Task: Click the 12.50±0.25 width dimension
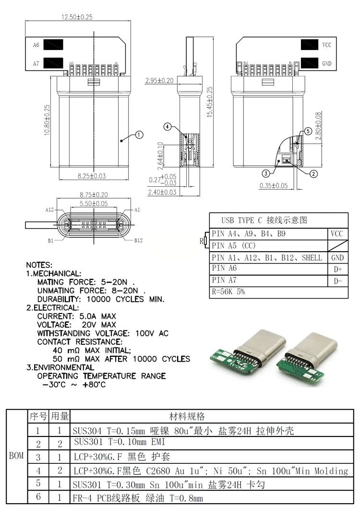tap(77, 17)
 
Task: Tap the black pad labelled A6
tap(53, 45)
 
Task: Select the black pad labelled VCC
tap(310, 45)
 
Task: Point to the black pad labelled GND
tap(310, 63)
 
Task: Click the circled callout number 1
tap(138, 135)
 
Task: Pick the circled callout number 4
tap(167, 127)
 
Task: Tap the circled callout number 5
tap(308, 131)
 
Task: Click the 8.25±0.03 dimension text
tap(92, 176)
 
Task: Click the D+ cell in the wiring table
tap(337, 270)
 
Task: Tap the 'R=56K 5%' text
tap(228, 291)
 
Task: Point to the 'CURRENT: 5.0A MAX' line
tap(76, 316)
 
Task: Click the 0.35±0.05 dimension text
tap(273, 185)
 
